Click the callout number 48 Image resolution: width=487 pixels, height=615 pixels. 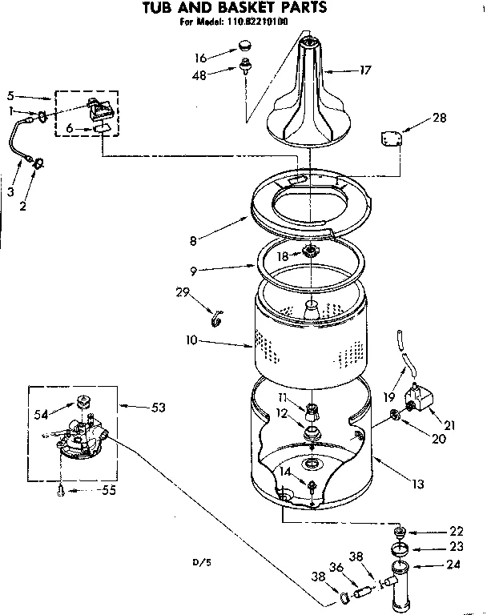pyautogui.click(x=199, y=75)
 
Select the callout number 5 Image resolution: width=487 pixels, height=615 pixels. pyautogui.click(x=10, y=94)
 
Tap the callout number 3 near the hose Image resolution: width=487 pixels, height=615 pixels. pyautogui.click(x=10, y=193)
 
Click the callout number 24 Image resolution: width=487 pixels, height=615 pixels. pyautogui.click(x=453, y=565)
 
